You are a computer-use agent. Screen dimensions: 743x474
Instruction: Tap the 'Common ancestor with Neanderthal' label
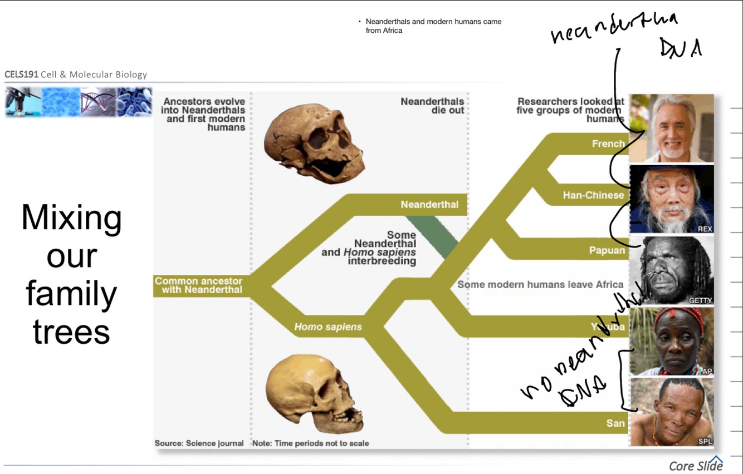click(x=199, y=285)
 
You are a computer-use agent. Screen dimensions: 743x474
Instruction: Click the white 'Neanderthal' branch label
click(x=429, y=205)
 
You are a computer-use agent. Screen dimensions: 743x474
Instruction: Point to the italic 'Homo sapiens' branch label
click(x=328, y=327)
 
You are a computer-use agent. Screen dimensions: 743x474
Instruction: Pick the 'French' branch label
click(x=608, y=144)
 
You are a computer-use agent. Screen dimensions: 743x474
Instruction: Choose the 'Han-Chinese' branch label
click(x=593, y=195)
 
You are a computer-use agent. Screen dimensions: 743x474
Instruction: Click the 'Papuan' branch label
click(x=607, y=250)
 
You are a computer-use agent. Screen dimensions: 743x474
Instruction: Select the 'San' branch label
click(x=615, y=423)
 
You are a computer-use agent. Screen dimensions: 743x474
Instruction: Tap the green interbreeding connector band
click(x=436, y=237)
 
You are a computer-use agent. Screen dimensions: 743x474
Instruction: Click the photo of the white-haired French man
click(x=672, y=128)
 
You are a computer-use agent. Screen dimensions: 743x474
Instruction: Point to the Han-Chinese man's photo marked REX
click(x=672, y=199)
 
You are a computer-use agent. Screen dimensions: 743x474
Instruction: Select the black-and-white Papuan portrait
click(x=672, y=270)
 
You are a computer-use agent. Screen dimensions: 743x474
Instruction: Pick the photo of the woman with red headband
click(x=672, y=342)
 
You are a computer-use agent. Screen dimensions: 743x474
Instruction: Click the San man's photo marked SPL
click(x=672, y=412)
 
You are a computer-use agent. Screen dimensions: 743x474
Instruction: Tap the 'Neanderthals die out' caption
click(x=433, y=106)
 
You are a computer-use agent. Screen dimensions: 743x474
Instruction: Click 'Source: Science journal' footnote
click(x=199, y=443)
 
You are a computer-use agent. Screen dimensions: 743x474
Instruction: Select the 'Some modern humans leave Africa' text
click(x=540, y=285)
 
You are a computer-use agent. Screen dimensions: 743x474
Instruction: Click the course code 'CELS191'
click(x=21, y=75)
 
